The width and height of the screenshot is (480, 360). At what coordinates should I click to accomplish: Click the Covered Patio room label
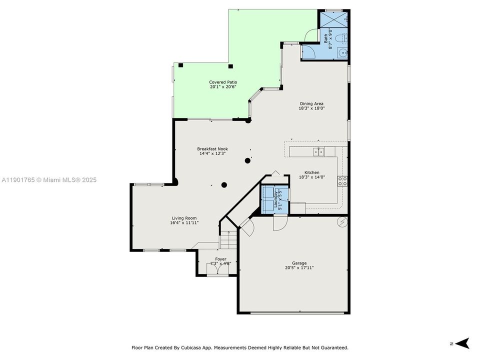pyautogui.click(x=223, y=82)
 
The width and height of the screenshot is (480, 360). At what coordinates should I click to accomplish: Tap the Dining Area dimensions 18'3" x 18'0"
pyautogui.click(x=311, y=108)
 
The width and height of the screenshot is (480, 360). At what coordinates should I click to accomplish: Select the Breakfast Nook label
pyautogui.click(x=212, y=149)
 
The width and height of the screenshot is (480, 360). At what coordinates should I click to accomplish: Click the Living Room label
pyautogui.click(x=184, y=218)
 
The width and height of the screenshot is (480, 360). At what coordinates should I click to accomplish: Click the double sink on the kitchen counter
pyautogui.click(x=318, y=151)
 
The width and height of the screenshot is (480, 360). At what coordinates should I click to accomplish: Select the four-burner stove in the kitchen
pyautogui.click(x=342, y=181)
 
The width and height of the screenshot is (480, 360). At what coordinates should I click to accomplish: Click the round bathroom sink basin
pyautogui.click(x=342, y=52)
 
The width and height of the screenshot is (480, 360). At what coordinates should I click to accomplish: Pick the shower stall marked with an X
pyautogui.click(x=332, y=19)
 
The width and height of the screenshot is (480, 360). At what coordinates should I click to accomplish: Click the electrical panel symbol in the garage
pyautogui.click(x=342, y=221)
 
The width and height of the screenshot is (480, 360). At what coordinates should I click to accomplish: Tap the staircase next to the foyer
pyautogui.click(x=228, y=240)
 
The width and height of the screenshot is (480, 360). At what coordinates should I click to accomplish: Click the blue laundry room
pyautogui.click(x=273, y=199)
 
